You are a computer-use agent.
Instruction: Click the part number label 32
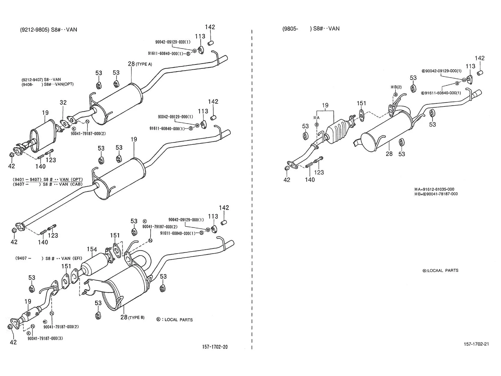pyautogui.click(x=63, y=102)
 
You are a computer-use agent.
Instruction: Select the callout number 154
pyautogui.click(x=92, y=249)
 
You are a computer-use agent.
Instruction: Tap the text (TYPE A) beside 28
pyautogui.click(x=144, y=64)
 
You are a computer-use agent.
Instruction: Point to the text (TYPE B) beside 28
pyautogui.click(x=136, y=317)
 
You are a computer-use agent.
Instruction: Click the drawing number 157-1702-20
pyautogui.click(x=215, y=347)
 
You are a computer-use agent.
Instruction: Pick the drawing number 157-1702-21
pyautogui.click(x=476, y=344)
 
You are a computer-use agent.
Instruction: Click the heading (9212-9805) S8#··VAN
pyautogui.click(x=49, y=30)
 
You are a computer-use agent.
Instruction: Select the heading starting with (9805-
pyautogui.click(x=311, y=29)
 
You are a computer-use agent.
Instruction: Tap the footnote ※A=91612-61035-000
pyautogui.click(x=434, y=189)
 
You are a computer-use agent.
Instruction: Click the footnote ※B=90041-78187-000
pyautogui.click(x=436, y=194)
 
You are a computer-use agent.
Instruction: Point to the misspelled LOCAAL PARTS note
pyautogui.click(x=440, y=271)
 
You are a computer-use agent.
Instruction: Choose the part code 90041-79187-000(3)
pyautogui.click(x=45, y=338)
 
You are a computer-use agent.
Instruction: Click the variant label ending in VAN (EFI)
pyautogui.click(x=49, y=259)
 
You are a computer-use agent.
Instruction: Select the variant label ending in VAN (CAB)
pyautogui.click(x=47, y=184)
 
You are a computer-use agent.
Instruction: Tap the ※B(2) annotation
pyautogui.click(x=396, y=87)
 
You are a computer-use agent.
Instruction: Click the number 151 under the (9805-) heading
pyautogui.click(x=361, y=103)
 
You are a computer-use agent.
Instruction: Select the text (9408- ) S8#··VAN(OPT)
pyautogui.click(x=47, y=84)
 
